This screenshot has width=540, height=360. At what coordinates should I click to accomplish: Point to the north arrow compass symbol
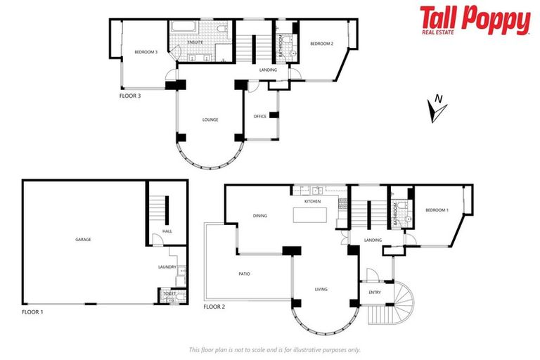(436, 108)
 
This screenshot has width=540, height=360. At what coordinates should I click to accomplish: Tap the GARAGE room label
(83, 239)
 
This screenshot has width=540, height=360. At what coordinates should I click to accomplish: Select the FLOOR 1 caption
(34, 310)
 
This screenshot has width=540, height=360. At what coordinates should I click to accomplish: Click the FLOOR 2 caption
(215, 307)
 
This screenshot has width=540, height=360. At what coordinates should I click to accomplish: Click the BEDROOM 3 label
(146, 51)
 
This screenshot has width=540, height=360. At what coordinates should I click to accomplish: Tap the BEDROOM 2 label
(321, 44)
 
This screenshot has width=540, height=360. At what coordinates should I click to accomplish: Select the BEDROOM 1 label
(437, 210)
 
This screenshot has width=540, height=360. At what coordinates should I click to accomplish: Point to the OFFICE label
(260, 116)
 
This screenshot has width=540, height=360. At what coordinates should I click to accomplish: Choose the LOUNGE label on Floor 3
(210, 120)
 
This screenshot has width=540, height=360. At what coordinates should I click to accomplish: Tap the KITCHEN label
(312, 201)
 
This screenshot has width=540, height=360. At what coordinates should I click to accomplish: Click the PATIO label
(243, 274)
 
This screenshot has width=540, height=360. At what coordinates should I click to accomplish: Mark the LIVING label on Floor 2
(321, 289)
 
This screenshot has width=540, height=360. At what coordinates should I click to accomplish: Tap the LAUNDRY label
(167, 267)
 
